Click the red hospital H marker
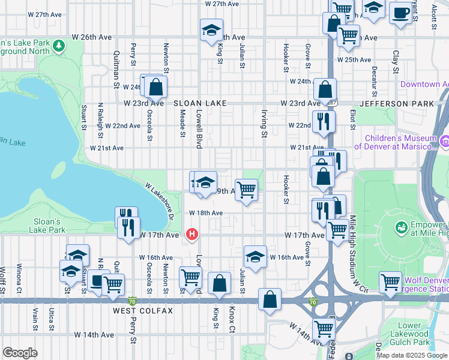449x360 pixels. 191,234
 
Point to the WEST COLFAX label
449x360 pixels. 143,311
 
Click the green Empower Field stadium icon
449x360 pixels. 400,227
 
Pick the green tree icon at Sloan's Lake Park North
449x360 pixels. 59,46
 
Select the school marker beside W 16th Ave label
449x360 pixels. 255,256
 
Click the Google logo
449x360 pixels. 20,353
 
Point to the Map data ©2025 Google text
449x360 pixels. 412,355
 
